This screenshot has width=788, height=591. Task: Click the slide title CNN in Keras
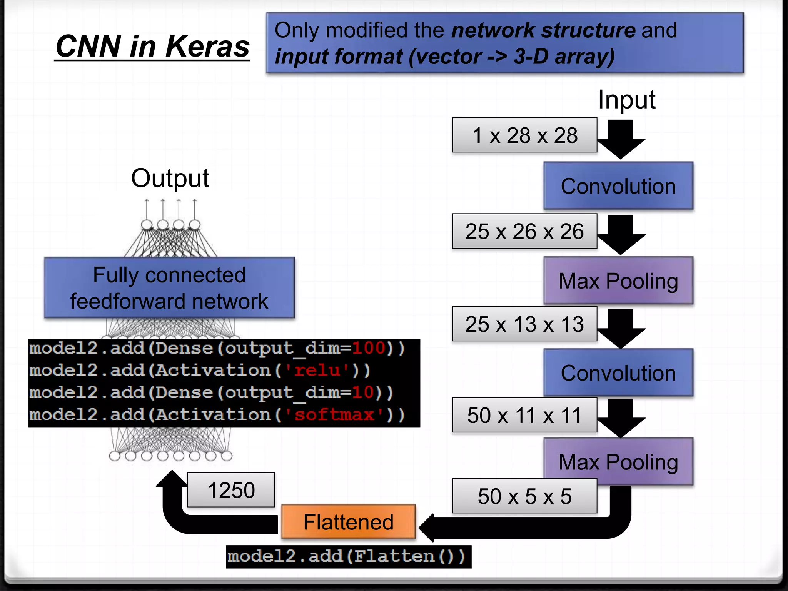point(152,47)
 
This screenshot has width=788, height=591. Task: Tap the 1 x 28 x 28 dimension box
point(524,135)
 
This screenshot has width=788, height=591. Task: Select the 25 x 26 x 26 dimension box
point(524,231)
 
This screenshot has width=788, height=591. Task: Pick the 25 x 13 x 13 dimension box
point(524,324)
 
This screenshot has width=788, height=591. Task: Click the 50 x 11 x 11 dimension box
point(524,415)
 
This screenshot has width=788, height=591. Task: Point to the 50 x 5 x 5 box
point(524,496)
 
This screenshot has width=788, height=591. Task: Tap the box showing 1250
point(231,490)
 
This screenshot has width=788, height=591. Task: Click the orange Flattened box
point(348,522)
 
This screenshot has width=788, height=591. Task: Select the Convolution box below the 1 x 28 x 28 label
point(618,186)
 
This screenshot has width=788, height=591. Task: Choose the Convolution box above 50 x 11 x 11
point(618,373)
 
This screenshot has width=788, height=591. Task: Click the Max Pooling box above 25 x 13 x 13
point(618,280)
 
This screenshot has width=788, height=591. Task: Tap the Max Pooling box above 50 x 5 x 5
point(618,461)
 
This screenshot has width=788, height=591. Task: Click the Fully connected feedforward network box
point(169,288)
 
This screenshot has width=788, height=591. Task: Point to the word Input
point(626,100)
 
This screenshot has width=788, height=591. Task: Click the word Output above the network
point(170,178)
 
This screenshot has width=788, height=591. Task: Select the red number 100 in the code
point(368,348)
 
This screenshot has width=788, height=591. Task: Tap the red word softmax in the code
point(334,415)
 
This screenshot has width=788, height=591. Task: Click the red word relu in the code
point(317,370)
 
